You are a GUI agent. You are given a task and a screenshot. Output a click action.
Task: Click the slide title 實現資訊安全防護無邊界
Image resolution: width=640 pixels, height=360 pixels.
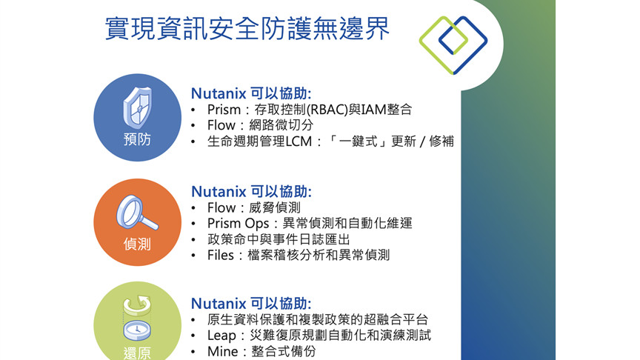click(247, 28)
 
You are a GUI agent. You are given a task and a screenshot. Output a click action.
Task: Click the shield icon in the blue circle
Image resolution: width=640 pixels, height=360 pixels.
click(138, 107)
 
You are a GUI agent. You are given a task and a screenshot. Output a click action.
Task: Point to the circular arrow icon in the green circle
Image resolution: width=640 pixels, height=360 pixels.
click(137, 305)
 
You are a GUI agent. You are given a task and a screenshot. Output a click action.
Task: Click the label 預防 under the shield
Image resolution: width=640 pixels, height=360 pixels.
click(137, 139)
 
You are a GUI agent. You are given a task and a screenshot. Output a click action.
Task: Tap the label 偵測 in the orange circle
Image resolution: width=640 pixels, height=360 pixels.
click(137, 244)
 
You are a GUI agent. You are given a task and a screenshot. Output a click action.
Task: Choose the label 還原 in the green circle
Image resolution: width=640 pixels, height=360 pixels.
click(137, 353)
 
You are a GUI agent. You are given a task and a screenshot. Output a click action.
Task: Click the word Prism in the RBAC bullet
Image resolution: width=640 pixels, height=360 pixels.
click(224, 110)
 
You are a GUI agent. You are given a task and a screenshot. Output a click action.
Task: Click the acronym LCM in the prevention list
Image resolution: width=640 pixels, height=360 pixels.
click(299, 141)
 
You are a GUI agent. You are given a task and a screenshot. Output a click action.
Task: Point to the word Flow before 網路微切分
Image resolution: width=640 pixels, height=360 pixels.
click(221, 125)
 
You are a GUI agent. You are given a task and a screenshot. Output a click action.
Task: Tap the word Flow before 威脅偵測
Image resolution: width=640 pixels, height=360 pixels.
click(221, 207)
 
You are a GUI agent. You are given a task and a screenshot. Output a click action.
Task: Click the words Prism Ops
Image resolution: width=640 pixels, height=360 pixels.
click(238, 224)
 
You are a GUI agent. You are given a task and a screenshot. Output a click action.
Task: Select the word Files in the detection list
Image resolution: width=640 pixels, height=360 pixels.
click(221, 256)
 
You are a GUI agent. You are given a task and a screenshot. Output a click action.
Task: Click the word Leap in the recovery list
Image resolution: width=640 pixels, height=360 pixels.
click(221, 336)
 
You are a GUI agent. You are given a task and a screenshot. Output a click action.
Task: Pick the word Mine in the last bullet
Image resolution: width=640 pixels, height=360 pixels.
click(222, 351)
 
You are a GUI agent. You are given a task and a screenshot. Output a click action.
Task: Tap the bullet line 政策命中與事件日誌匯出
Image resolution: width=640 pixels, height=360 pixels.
click(279, 239)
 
